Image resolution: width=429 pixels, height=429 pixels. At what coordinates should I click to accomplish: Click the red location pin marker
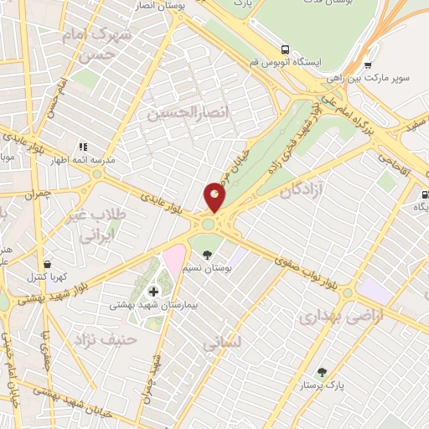(x=214, y=198)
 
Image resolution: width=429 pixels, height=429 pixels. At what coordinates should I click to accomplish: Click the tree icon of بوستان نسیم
(x=207, y=256)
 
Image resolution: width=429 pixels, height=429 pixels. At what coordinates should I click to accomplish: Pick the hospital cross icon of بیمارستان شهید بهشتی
(x=153, y=292)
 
